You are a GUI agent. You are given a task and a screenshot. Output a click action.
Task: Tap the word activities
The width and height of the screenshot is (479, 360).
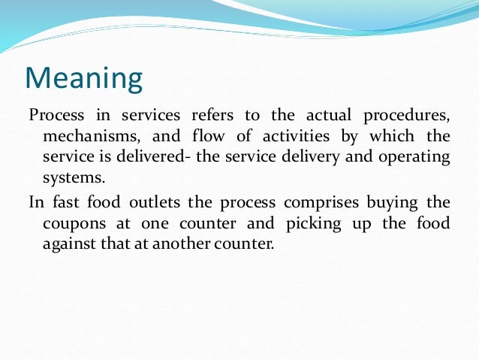[292, 138]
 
